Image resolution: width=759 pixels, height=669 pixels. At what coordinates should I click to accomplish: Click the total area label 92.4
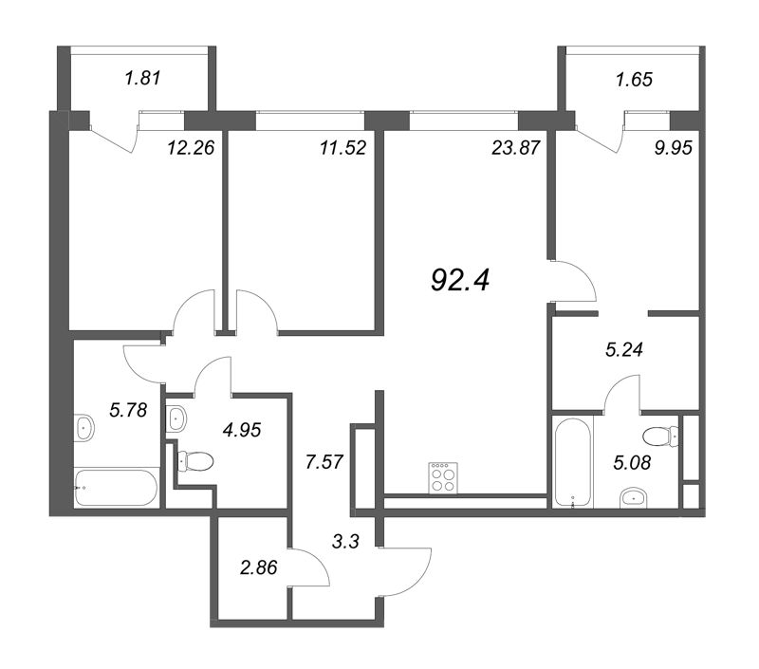(x=460, y=281)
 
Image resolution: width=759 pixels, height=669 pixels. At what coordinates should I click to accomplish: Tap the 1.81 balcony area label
(x=142, y=78)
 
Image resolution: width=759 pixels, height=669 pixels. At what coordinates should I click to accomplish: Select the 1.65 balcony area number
(x=634, y=80)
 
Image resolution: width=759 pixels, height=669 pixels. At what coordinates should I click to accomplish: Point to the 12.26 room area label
(x=191, y=148)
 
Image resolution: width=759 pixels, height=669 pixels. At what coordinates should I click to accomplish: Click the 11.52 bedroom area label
(x=342, y=148)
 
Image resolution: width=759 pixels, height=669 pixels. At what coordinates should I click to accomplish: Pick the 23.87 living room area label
(x=515, y=148)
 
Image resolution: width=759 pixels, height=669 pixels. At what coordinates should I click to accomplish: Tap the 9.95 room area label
(x=674, y=148)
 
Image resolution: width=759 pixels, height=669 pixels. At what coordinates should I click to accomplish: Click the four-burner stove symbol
(x=443, y=478)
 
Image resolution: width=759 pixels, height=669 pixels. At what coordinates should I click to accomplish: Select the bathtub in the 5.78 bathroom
(x=116, y=488)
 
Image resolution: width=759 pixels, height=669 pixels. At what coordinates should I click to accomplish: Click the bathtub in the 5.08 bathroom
(x=573, y=463)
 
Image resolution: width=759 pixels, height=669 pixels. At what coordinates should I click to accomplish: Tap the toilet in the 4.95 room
(x=195, y=461)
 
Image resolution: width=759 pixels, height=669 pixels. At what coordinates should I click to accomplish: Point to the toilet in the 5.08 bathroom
(x=661, y=437)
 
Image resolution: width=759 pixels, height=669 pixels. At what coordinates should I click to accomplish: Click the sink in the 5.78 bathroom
(x=84, y=427)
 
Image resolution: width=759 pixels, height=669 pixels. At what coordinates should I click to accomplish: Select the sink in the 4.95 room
(x=176, y=418)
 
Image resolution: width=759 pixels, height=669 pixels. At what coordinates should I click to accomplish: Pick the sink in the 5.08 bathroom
(x=633, y=498)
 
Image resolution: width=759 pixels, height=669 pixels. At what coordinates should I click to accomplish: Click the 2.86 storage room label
(x=258, y=567)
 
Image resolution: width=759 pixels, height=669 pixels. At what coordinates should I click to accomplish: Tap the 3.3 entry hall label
(x=345, y=541)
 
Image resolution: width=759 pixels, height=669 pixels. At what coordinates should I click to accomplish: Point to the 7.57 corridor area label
(x=324, y=462)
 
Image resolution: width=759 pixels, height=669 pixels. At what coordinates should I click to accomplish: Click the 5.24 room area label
(x=624, y=349)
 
